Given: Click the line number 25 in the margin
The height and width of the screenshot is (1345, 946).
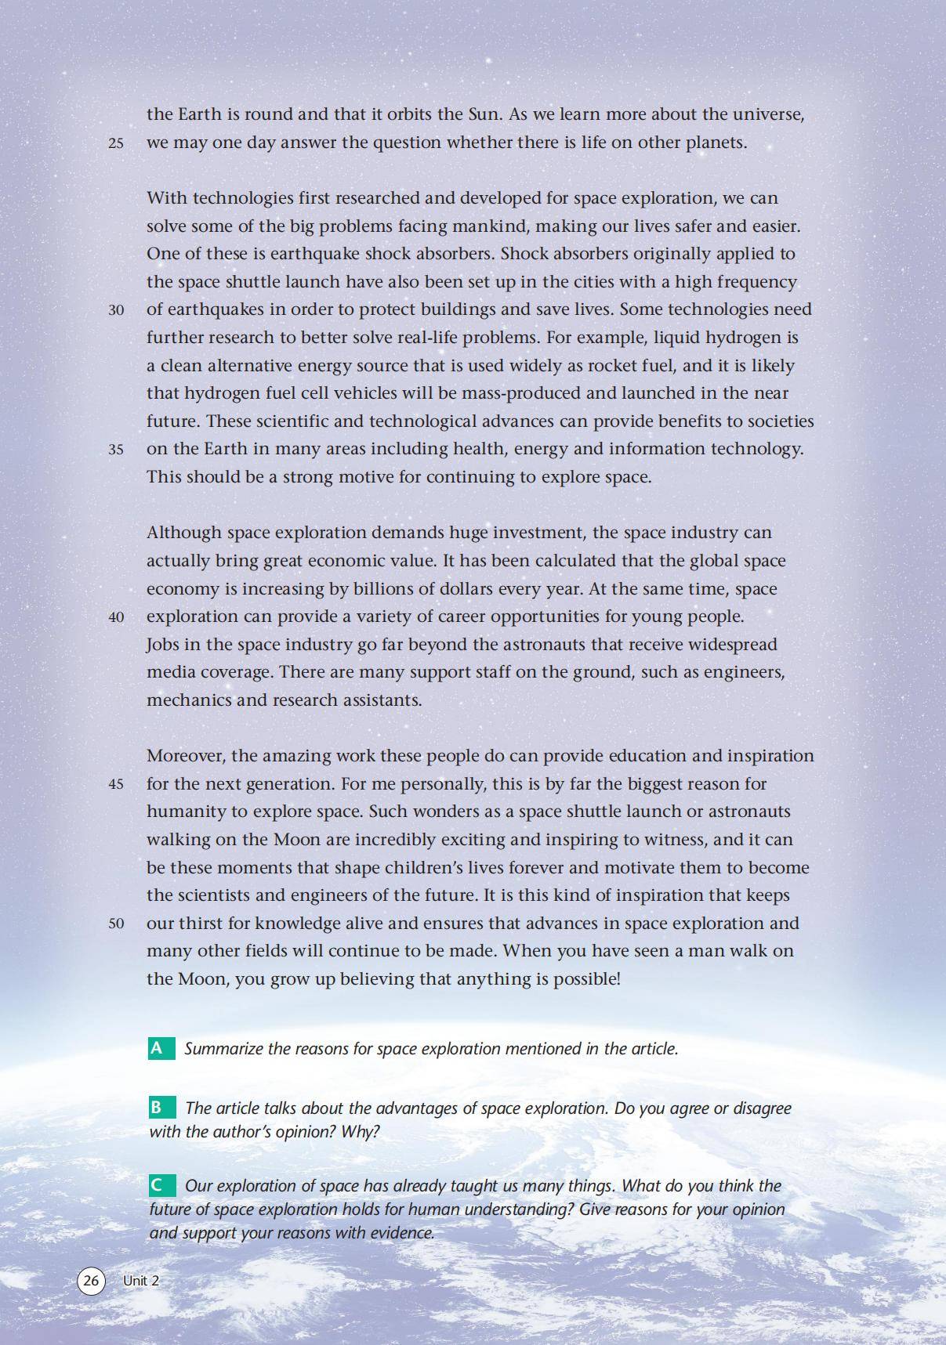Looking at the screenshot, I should tap(116, 143).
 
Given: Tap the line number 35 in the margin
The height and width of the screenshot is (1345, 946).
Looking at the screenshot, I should tap(116, 450).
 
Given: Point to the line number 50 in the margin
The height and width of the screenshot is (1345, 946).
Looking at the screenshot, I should tap(116, 924).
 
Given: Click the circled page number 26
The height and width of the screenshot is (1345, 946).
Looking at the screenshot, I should tap(91, 1280).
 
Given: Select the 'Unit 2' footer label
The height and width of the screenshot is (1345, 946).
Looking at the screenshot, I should tap(141, 1280).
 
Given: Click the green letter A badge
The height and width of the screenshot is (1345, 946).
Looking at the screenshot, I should tap(161, 1048).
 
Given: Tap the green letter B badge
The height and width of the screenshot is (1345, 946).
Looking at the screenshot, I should tap(161, 1107).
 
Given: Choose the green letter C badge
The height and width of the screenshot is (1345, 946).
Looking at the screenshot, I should tap(161, 1185).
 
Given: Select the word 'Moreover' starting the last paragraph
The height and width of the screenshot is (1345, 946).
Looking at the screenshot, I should tap(186, 756).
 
